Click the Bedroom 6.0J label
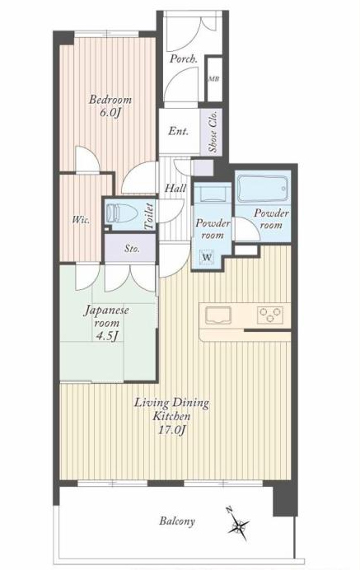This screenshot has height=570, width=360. (110, 105)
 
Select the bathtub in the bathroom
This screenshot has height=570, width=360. (263, 189)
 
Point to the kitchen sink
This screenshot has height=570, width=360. (218, 315)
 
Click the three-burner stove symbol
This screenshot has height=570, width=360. (270, 315)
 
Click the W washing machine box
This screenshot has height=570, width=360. (207, 257)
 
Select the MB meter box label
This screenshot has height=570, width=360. (214, 79)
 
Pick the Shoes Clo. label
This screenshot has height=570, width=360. (213, 131)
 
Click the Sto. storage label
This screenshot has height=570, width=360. (132, 249)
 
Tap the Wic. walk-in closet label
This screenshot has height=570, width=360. (81, 220)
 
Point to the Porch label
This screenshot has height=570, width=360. (184, 58)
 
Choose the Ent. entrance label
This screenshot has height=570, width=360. (179, 131)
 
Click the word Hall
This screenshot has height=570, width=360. (175, 189)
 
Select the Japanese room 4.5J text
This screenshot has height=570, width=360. (106, 323)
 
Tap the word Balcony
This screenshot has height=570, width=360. (177, 521)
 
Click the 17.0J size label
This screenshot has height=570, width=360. (171, 431)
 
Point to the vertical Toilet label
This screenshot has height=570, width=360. (149, 216)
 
